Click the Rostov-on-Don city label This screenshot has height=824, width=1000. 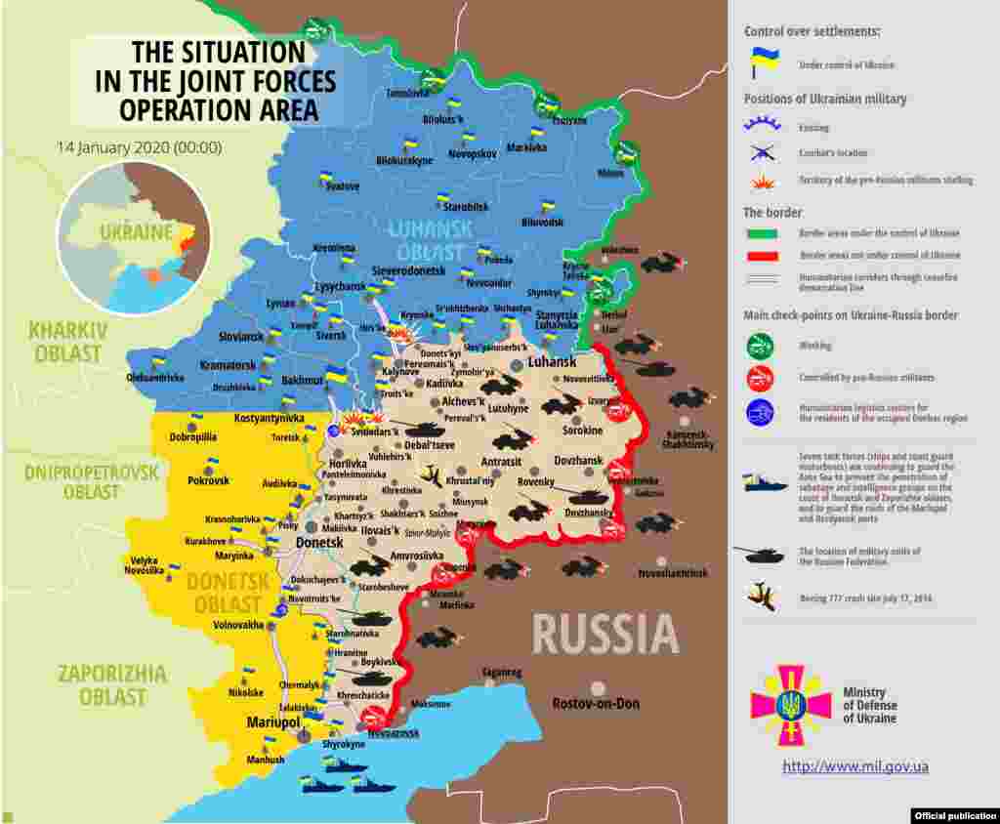pos(595,703)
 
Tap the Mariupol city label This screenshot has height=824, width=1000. pos(272,722)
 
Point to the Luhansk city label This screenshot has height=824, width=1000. pos(552,361)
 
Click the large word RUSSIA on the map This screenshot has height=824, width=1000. pos(605,635)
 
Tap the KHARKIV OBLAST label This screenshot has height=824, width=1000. pos(67,342)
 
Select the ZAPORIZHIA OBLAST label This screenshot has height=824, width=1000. pos(111,684)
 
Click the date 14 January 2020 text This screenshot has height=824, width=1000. pos(139,148)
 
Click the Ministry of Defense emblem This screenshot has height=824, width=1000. pos(790,705)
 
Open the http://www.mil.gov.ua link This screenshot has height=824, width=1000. pos(854,766)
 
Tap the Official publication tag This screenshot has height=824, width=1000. pos(955,815)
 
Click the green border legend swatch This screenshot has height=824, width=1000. pos(761,233)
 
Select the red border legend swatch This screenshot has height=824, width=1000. pos(761,256)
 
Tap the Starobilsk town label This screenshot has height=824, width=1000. pos(465,207)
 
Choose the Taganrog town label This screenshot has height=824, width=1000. pos(501,673)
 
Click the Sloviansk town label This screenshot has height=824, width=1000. pos(240,336)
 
